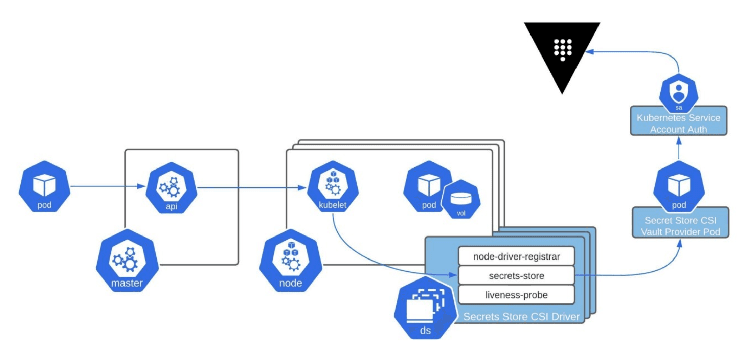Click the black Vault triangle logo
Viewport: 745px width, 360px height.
[x=562, y=51]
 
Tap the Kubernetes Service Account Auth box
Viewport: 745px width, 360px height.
[x=678, y=124]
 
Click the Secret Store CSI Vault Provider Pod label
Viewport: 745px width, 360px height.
[x=680, y=226]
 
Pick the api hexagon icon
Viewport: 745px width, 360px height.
[x=171, y=188]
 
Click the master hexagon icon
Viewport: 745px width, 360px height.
[x=127, y=261]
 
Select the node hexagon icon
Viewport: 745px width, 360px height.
[x=291, y=261]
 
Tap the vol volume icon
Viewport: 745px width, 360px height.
[x=461, y=200]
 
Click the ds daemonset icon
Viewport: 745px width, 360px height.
[x=425, y=308]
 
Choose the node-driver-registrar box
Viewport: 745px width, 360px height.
[x=516, y=256]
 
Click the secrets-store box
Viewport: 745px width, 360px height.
[x=516, y=276]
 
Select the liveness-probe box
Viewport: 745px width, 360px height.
[x=516, y=295]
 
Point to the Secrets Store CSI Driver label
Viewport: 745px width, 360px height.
[x=521, y=317]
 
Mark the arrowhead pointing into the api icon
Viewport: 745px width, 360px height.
[x=142, y=186]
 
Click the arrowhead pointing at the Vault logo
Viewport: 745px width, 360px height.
[x=589, y=52]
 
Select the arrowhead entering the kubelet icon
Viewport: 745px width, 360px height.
[x=302, y=187]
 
